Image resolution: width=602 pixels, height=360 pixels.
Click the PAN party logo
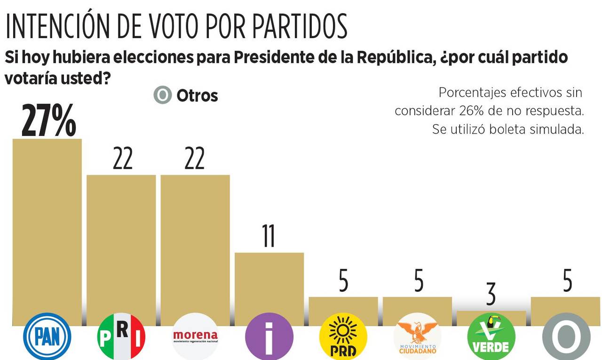point(47,337)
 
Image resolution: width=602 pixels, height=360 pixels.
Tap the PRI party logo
point(121,337)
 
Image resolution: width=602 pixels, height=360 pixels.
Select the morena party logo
point(195,337)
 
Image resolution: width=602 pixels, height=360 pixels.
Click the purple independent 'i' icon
point(269,337)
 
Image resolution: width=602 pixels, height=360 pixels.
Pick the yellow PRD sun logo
point(343,337)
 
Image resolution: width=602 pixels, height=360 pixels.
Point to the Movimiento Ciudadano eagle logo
point(417,337)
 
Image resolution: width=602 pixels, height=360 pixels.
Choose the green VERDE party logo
point(491,337)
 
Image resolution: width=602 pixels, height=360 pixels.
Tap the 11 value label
point(269,236)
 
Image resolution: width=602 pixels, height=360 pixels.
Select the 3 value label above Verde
point(491,295)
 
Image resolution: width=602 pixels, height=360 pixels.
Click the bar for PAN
point(47,230)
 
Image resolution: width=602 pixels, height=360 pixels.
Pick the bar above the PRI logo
point(121,249)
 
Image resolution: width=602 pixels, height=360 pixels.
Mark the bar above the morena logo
point(195,249)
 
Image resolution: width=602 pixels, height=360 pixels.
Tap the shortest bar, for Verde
point(491,318)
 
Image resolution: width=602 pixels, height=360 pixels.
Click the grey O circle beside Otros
point(163,95)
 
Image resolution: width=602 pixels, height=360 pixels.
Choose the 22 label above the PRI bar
point(122,159)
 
